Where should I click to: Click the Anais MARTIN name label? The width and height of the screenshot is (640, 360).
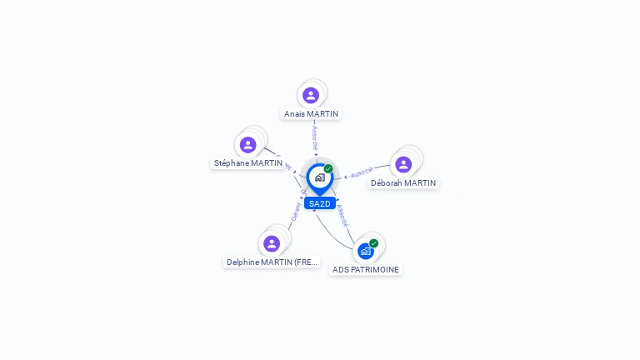pyautogui.click(x=311, y=113)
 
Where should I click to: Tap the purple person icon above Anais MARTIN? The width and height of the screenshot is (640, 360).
pyautogui.click(x=311, y=95)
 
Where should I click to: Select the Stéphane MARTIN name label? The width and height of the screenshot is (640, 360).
pyautogui.click(x=248, y=163)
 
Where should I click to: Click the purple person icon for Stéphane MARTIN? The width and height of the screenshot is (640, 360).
pyautogui.click(x=248, y=145)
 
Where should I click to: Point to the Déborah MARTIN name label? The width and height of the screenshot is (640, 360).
pyautogui.click(x=403, y=183)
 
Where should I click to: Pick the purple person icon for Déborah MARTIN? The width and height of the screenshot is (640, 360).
pyautogui.click(x=403, y=165)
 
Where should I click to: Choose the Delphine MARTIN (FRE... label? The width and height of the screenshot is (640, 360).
pyautogui.click(x=272, y=262)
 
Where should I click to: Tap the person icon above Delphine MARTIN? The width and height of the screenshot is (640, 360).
pyautogui.click(x=272, y=243)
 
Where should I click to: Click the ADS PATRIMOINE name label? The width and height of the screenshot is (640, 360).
pyautogui.click(x=366, y=270)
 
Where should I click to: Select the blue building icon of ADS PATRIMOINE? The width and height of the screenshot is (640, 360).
pyautogui.click(x=365, y=251)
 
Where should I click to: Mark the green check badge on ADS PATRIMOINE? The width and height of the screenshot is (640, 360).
pyautogui.click(x=374, y=243)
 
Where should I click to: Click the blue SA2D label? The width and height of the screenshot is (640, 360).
pyautogui.click(x=320, y=203)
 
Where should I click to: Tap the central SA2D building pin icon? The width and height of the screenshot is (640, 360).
pyautogui.click(x=319, y=177)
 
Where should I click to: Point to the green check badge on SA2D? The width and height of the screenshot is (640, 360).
pyautogui.click(x=328, y=169)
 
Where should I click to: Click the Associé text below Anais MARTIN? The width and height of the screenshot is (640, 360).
pyautogui.click(x=314, y=135)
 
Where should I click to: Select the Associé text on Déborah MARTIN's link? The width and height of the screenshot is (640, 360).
pyautogui.click(x=362, y=172)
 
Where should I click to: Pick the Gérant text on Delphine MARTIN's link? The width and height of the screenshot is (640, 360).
pyautogui.click(x=295, y=212)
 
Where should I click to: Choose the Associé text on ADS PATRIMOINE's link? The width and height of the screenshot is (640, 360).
pyautogui.click(x=342, y=215)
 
